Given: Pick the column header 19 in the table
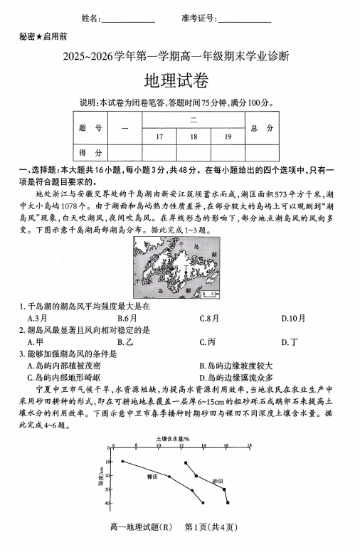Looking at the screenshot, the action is click(x=227, y=136).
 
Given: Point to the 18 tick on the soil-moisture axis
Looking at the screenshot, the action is click(x=249, y=446).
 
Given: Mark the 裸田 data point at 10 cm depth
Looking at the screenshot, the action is click(x=122, y=462).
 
